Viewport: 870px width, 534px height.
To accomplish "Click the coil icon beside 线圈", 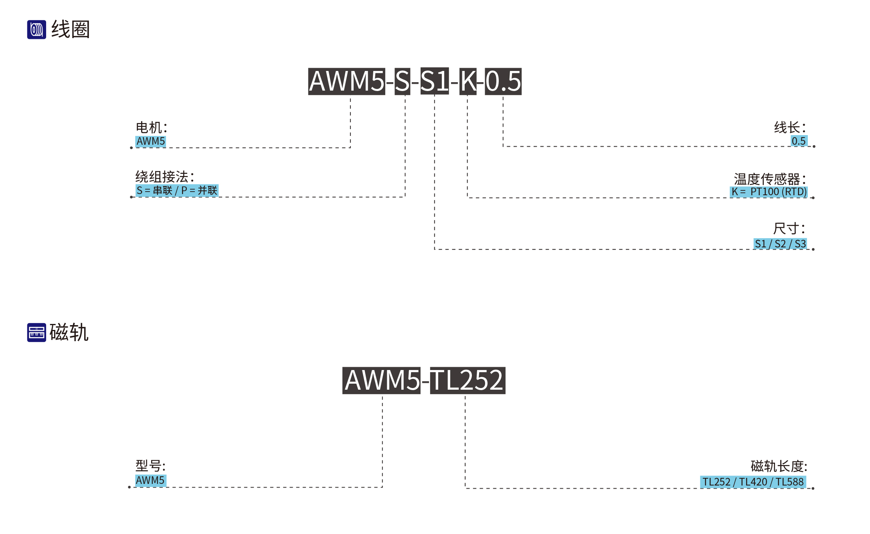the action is (x=36, y=30).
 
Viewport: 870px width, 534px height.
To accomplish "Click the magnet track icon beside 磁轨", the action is (x=36, y=332).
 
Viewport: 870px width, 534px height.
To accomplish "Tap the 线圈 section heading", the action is (x=71, y=30).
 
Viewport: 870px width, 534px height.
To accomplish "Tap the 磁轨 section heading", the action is (x=69, y=332).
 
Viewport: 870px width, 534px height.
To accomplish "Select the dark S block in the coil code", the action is (x=402, y=81).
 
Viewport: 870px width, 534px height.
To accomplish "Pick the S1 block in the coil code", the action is (x=435, y=81).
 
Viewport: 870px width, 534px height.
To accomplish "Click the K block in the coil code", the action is (x=468, y=81).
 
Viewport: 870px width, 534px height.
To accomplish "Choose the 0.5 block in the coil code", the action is (x=503, y=81).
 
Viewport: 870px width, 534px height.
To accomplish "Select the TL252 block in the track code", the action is (x=467, y=380).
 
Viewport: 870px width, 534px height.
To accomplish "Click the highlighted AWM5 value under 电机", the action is (x=150, y=142).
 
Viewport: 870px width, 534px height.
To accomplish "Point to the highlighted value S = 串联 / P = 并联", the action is (x=177, y=190).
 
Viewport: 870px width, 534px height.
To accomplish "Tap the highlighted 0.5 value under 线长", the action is (x=799, y=141).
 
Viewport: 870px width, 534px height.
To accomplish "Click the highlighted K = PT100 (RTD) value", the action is (x=769, y=192).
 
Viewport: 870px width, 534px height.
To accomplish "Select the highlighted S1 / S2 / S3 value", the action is (x=780, y=244).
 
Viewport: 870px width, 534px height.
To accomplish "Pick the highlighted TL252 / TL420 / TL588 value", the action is (x=753, y=482).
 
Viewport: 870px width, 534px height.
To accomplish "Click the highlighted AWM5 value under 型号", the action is (x=150, y=480).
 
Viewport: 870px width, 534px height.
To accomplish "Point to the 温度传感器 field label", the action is (x=770, y=179).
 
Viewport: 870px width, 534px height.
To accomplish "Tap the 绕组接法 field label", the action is (x=165, y=176).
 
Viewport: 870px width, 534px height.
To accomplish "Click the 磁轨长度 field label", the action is (x=779, y=466).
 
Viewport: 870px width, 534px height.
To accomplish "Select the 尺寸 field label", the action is (x=789, y=229).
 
